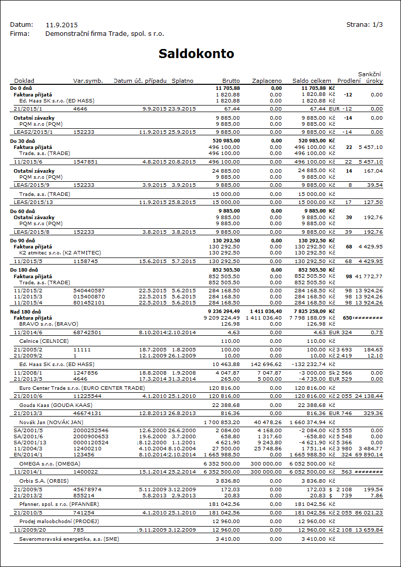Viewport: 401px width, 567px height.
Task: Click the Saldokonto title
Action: [196, 54]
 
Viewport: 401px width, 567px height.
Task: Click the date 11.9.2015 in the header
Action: [62, 24]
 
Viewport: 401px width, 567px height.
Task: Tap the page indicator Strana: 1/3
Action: [364, 24]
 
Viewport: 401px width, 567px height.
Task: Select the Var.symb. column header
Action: [88, 81]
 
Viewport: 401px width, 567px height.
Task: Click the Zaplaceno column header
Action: [267, 81]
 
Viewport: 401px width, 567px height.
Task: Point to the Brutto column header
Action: [231, 81]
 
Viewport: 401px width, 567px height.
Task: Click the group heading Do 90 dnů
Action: [23, 241]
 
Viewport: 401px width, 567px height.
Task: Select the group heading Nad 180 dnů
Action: [24, 312]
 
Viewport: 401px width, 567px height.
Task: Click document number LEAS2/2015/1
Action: [33, 132]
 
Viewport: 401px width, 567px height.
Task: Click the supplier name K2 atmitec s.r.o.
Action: [60, 252]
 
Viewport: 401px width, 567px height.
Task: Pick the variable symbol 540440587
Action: [89, 291]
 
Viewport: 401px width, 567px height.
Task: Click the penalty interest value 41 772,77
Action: [369, 277]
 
